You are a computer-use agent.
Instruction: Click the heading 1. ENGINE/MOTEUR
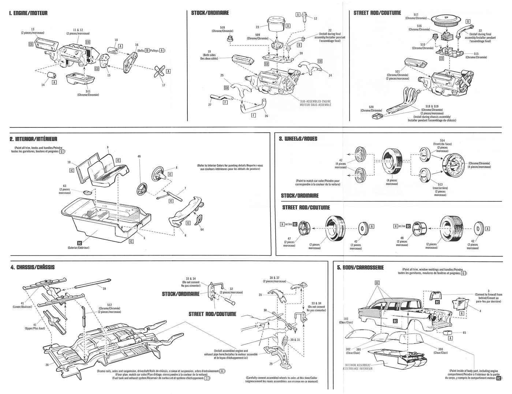coord(28,14)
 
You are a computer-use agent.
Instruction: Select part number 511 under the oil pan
coord(84,91)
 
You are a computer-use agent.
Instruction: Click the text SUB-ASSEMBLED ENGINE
coord(315,101)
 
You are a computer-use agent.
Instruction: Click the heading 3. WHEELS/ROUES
coord(298,139)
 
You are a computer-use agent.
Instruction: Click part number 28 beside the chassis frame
coord(47,365)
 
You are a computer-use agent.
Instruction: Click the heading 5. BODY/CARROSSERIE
coord(360,268)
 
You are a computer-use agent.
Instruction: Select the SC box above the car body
coord(377,283)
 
